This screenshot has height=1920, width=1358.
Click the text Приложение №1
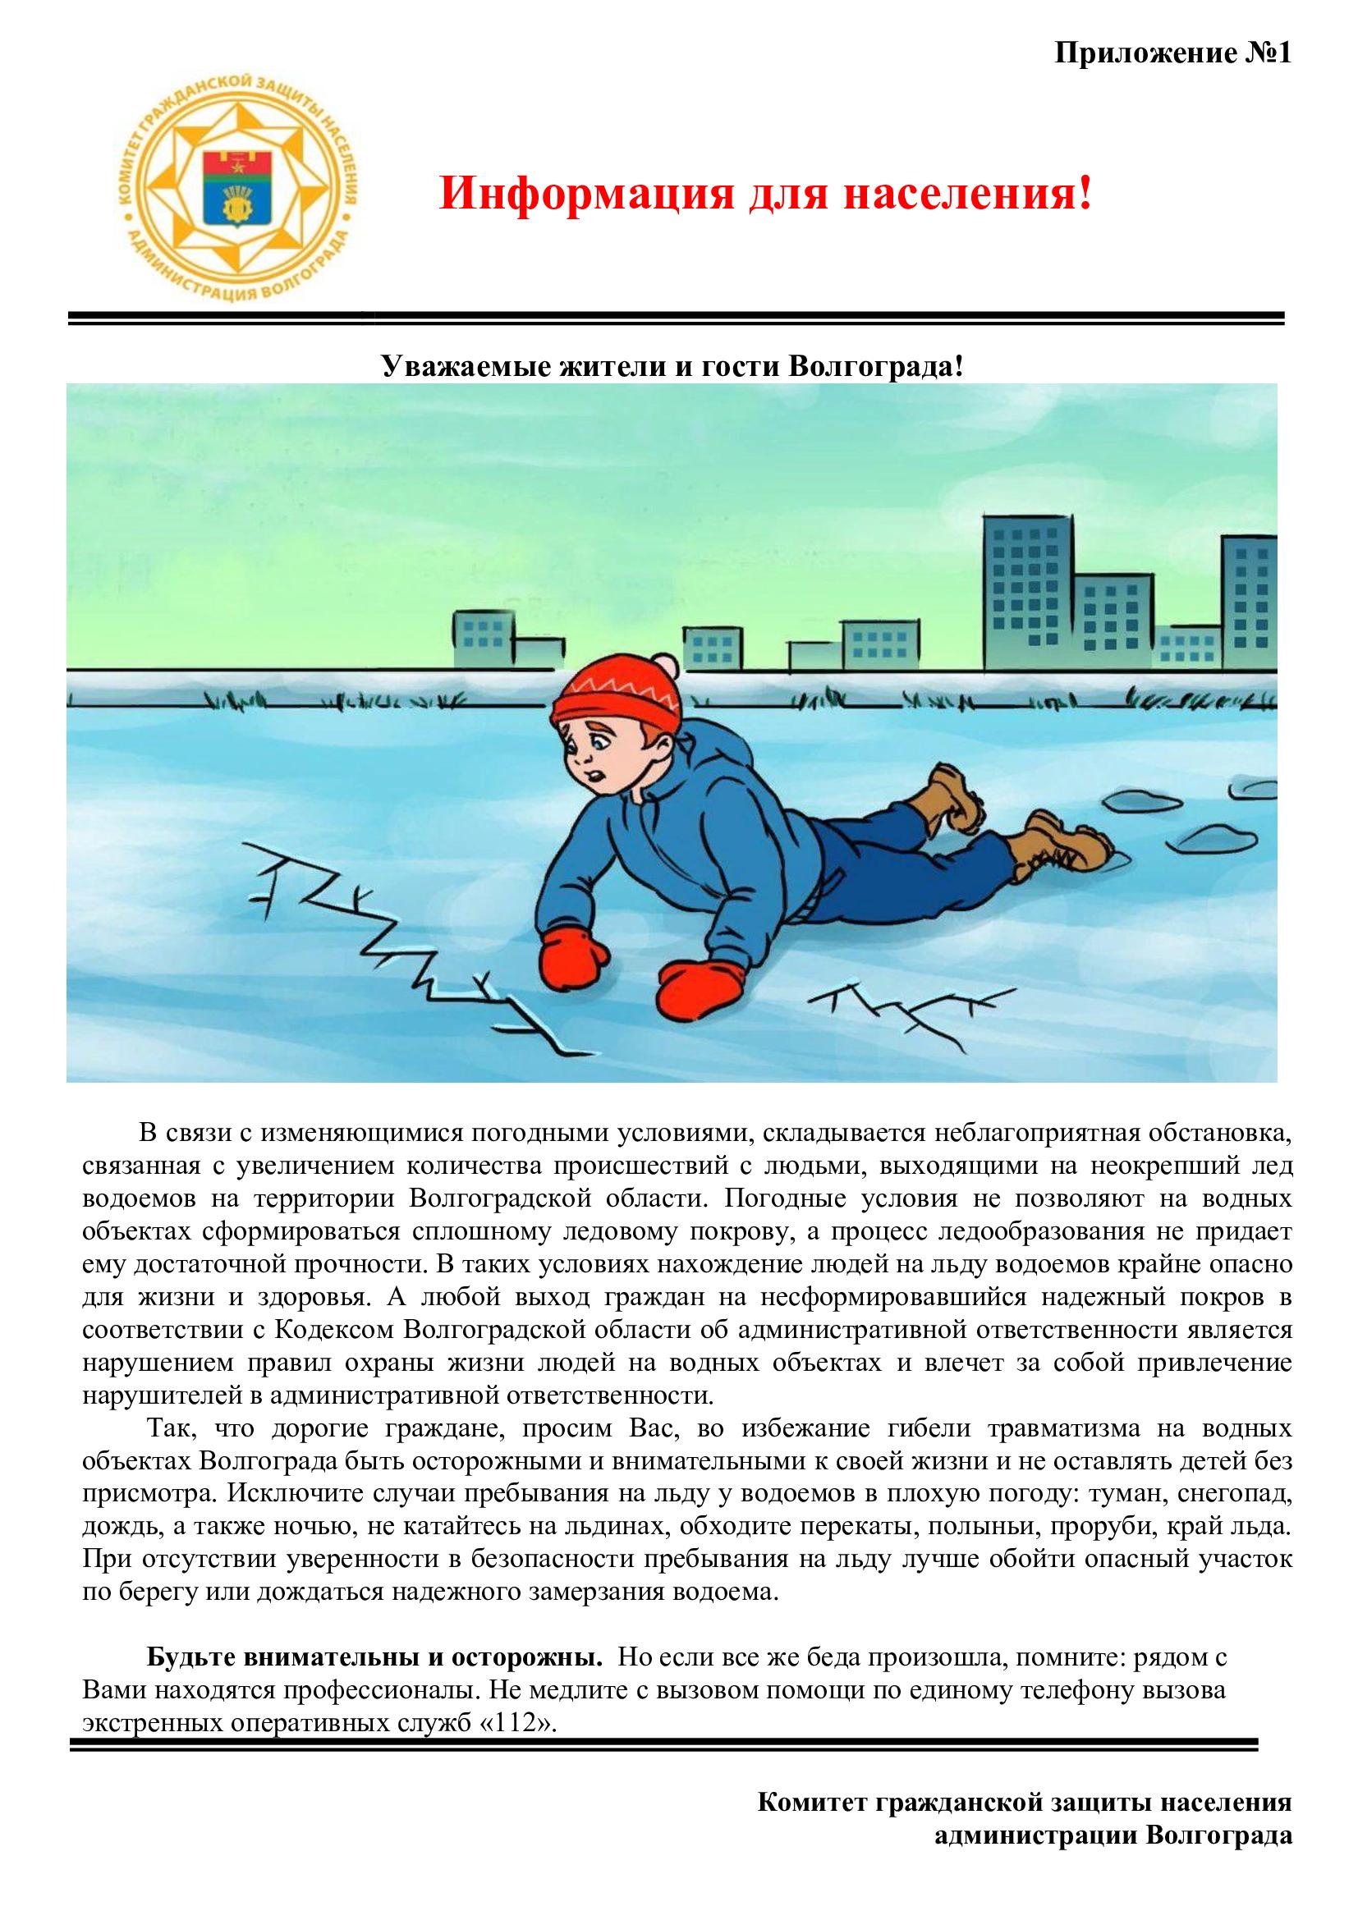(x=1172, y=53)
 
